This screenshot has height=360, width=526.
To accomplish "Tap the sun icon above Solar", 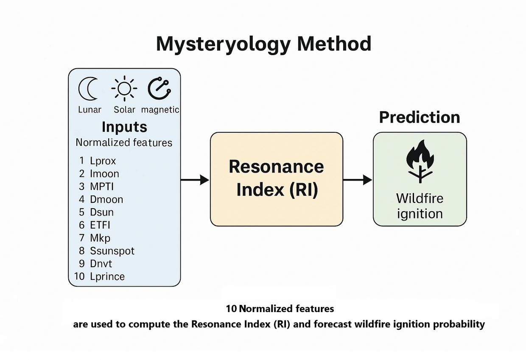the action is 124,89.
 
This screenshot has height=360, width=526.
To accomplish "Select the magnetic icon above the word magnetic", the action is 159,89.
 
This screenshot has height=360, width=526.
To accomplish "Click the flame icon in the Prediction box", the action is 420,161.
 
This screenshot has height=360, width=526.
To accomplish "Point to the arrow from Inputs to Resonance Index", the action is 195,180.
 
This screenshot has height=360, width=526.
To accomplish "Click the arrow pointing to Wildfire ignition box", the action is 358,180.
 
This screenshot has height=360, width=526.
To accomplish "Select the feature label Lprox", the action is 103,161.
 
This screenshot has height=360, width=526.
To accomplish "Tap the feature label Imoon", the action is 104,174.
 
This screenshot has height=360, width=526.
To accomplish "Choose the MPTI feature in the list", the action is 102,187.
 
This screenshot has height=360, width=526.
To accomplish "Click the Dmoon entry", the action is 106,199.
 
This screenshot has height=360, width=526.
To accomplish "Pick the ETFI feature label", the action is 100,225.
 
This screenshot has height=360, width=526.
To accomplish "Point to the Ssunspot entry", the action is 112,251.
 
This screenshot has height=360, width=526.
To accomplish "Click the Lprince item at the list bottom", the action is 107,277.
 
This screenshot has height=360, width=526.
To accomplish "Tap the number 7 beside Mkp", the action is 81,238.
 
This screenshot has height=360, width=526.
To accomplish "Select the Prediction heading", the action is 420,117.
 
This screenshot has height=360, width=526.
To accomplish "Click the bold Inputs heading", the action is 124,127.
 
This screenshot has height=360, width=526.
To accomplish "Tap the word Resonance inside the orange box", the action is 277,167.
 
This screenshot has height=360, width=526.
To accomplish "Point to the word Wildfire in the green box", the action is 420,198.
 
